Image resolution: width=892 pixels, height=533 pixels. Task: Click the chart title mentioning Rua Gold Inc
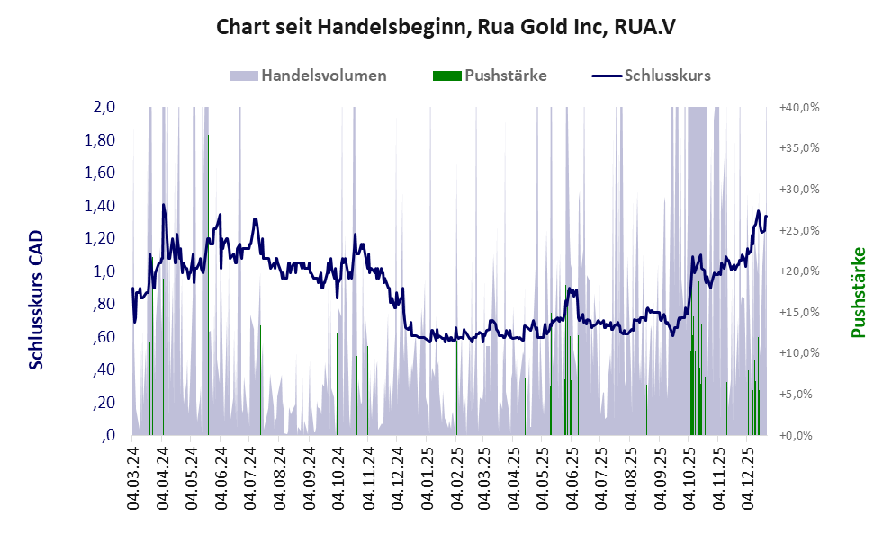pos(446,27)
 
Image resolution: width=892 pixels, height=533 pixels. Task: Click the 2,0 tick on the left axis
pos(104,108)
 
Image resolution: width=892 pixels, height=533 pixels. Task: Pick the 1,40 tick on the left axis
pos(100,206)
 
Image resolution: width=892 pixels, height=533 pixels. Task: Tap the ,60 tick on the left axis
pos(103,337)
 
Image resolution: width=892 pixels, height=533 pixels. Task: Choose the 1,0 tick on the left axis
pos(104,271)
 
